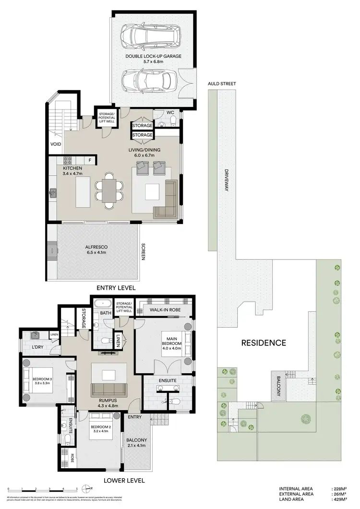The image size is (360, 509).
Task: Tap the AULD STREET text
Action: point(222,83)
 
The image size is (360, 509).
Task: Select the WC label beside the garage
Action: point(170,113)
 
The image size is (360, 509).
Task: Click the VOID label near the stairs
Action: point(55,144)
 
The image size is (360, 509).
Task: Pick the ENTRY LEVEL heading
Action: point(116,288)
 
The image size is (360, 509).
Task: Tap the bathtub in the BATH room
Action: point(102,304)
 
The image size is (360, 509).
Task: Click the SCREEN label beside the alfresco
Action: point(143,252)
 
